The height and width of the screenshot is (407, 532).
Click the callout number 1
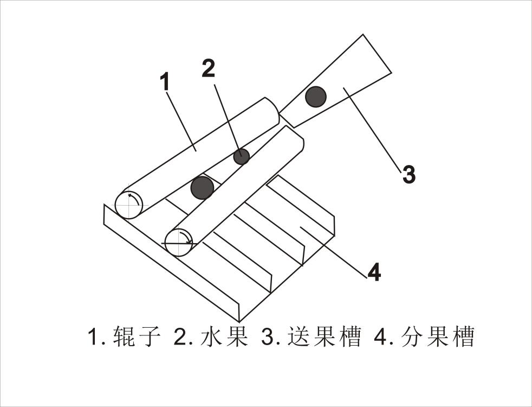(x=166, y=82)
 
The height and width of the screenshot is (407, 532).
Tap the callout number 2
(x=208, y=69)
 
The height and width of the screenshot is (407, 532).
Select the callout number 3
(x=408, y=175)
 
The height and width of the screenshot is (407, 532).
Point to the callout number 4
(x=374, y=272)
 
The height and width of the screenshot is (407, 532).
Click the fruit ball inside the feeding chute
(x=315, y=97)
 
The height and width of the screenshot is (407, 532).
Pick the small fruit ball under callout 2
(x=241, y=156)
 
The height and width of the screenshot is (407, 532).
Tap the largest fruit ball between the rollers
(x=203, y=187)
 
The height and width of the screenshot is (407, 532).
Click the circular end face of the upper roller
(x=129, y=205)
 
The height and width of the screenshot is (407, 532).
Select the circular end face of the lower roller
(x=179, y=242)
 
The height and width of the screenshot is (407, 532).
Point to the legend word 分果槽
(x=439, y=338)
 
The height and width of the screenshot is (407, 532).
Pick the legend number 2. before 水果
(x=183, y=338)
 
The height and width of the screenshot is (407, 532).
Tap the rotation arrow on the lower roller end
(x=186, y=237)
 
